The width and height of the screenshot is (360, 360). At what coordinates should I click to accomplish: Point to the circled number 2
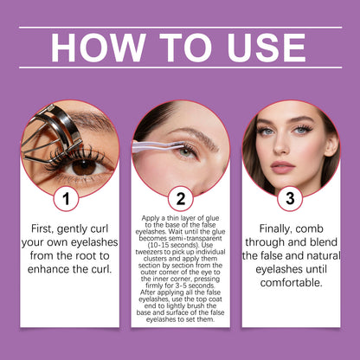coord(180,197)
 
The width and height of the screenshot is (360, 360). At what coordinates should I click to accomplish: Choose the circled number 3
coord(290,197)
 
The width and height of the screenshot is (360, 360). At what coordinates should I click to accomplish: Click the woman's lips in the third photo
coord(284,167)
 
